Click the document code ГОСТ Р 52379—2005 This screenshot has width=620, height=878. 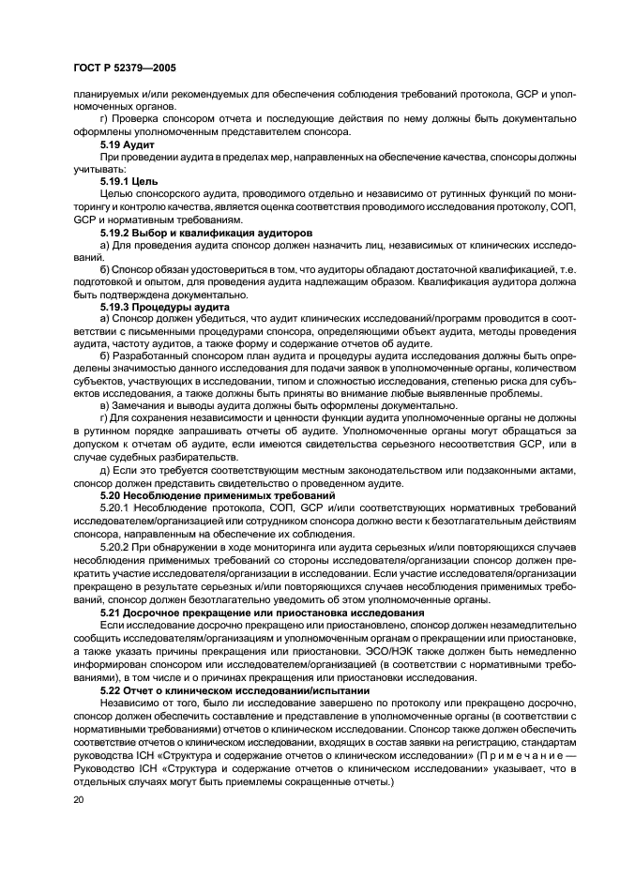(x=123, y=69)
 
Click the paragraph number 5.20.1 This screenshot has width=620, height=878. (x=115, y=507)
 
